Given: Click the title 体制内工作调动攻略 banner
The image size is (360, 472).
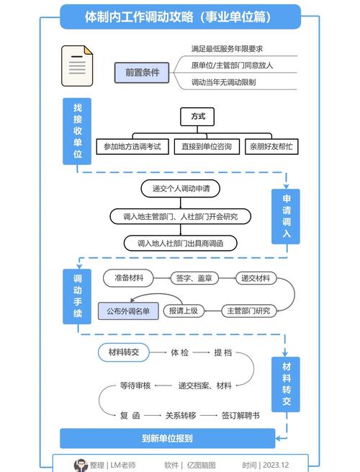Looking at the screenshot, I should pos(180,16).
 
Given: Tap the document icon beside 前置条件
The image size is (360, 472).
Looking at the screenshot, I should pos(77,66).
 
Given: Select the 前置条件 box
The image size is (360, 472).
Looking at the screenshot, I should pos(141,72).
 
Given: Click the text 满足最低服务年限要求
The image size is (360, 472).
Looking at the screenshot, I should pos(227,48).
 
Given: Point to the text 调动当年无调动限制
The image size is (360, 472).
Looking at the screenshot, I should pos(224,82).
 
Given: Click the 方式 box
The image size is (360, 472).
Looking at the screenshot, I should pos(198,116).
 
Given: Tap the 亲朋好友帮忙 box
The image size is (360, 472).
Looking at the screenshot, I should pos(271,146).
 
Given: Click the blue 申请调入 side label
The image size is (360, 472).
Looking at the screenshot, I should pos(286,216).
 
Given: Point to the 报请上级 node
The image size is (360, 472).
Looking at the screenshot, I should pos(184,311).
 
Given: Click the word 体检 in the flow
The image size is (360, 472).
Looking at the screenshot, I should pos(180,352).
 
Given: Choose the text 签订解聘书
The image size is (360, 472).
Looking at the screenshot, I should pos(240,415).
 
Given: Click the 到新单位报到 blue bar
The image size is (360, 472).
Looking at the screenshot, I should pos(166,438).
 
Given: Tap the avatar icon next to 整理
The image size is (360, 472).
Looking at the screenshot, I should pos(81,465).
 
